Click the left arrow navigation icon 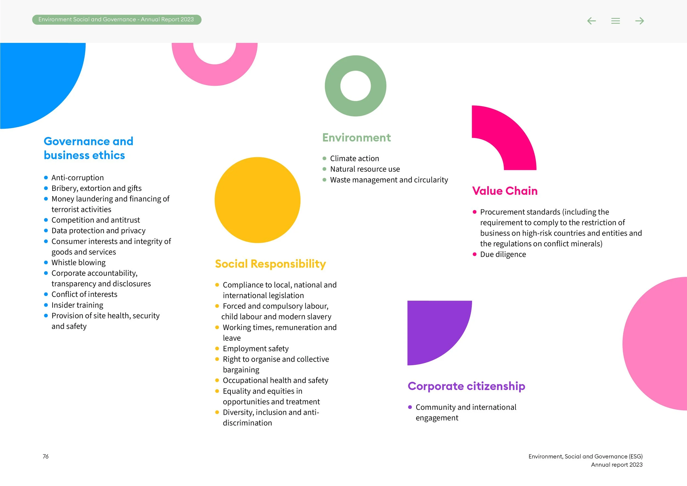click(x=591, y=21)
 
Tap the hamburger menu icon click(x=616, y=21)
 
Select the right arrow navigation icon click(x=639, y=21)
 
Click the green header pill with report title click(x=117, y=20)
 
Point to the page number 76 click(x=46, y=456)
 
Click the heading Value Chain click(x=505, y=191)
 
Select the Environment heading click(x=356, y=138)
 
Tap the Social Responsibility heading click(x=270, y=264)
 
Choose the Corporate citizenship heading click(x=466, y=386)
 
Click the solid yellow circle click(x=257, y=200)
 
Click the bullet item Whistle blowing click(x=78, y=263)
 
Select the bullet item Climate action click(x=354, y=158)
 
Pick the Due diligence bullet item click(x=503, y=254)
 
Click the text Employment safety click(x=256, y=348)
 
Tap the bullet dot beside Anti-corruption click(x=46, y=178)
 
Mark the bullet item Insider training click(x=77, y=305)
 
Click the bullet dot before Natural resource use click(x=324, y=169)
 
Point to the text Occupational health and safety click(x=275, y=380)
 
